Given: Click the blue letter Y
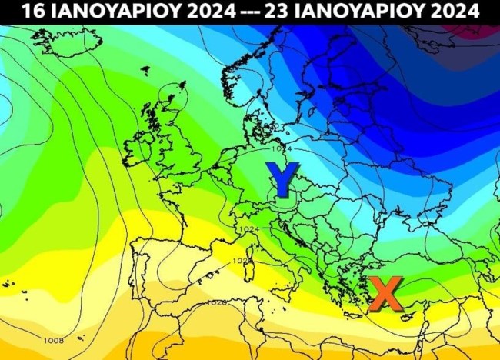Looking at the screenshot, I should click(282, 180).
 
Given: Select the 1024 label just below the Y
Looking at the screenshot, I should click(248, 229).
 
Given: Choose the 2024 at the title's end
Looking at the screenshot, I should click(457, 12).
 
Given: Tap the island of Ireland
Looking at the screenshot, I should click(138, 146).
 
